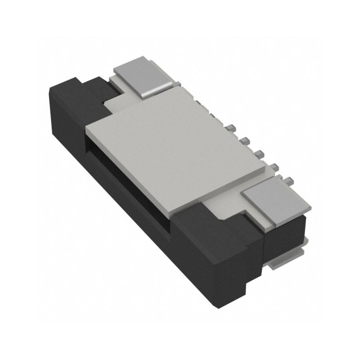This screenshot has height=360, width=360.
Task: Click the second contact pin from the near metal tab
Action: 275,167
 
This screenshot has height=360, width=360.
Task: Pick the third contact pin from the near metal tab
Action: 260,154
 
